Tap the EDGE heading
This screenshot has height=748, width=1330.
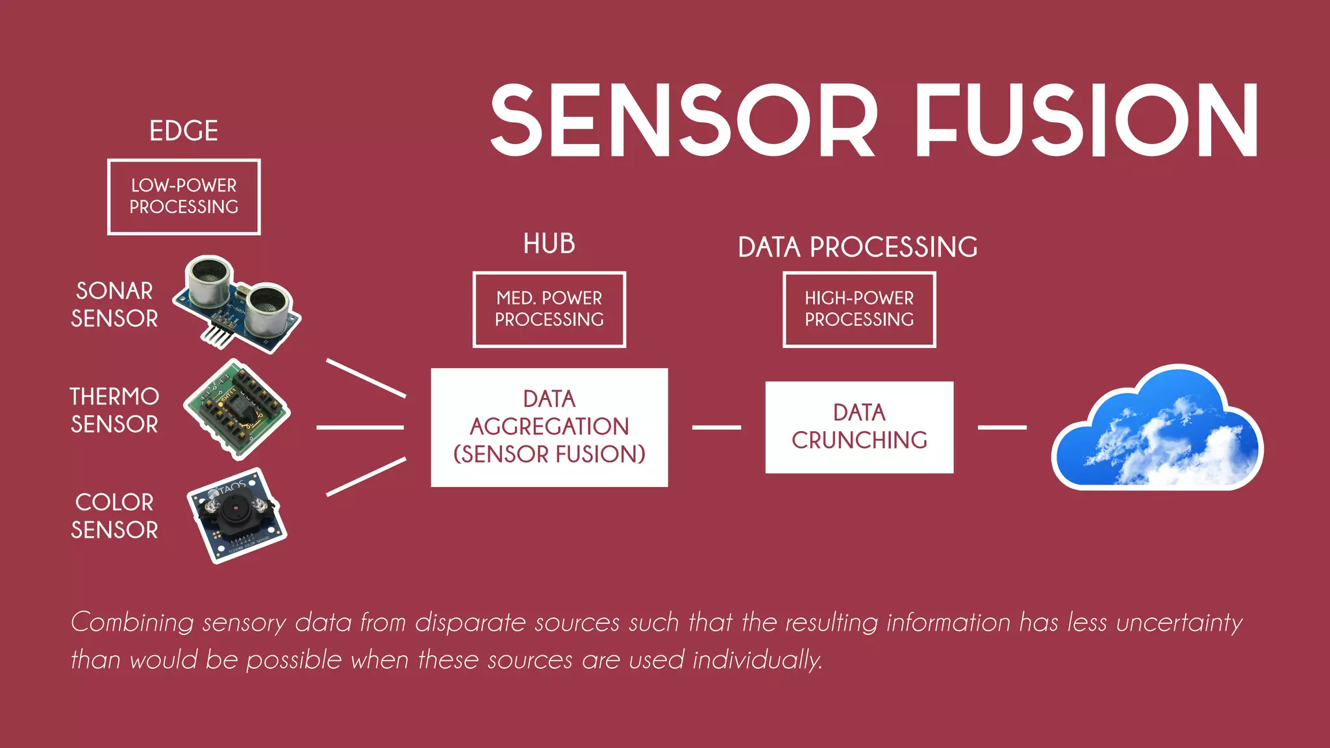[184, 131]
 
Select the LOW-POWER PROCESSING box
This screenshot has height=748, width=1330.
[184, 196]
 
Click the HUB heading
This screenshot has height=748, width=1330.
[549, 244]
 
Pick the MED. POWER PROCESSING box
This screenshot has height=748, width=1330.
[549, 309]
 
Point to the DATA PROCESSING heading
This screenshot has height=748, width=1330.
[858, 247]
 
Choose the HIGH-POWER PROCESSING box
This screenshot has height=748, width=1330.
[859, 309]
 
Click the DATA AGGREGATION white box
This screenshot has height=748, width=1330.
[549, 427]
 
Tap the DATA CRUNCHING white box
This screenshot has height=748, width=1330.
[859, 427]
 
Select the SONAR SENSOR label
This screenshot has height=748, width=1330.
[114, 305]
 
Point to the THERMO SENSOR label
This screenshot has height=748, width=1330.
[114, 410]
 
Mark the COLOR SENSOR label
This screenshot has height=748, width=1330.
[114, 516]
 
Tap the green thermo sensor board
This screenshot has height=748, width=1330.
[236, 409]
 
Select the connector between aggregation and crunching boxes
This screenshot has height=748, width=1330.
[716, 427]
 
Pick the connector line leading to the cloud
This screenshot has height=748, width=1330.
[1002, 427]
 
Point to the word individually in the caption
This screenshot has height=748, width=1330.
[757, 660]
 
